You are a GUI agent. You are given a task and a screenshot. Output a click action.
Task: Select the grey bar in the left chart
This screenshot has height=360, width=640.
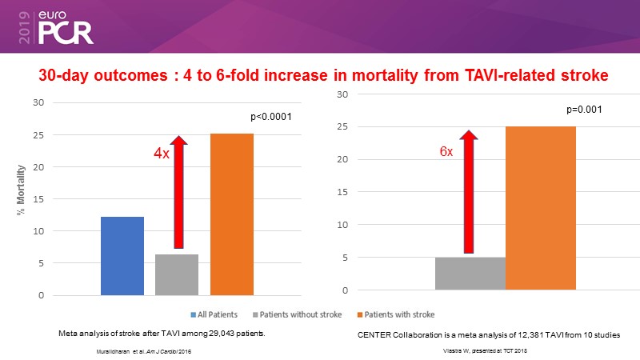176,275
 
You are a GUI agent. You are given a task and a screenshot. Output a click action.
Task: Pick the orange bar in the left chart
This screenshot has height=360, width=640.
231,214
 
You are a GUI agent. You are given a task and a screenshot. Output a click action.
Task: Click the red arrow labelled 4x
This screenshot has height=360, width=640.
179,192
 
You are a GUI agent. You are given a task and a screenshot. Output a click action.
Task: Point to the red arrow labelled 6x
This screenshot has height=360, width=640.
469,192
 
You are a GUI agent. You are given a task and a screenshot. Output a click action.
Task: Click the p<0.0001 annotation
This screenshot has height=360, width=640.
270,117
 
